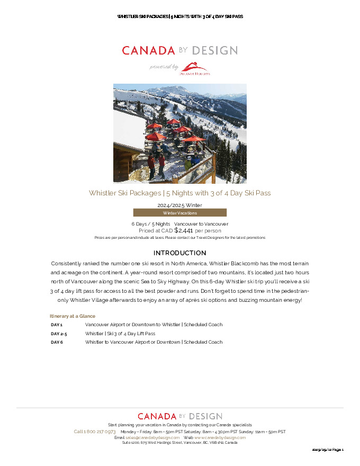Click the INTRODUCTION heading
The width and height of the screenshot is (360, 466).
[179, 253]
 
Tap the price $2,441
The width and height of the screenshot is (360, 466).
[184, 230]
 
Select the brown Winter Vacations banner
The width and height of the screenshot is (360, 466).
[179, 213]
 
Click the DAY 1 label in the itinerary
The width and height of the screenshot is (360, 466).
[57, 325]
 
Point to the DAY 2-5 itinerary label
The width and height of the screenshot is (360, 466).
[59, 334]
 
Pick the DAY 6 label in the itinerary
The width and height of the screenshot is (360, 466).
[57, 342]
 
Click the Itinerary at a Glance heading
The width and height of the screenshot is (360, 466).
[73, 316]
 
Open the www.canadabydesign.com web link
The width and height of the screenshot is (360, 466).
[220, 438]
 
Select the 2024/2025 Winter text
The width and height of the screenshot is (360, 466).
[179, 205]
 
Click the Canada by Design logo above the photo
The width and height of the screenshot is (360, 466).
[179, 51]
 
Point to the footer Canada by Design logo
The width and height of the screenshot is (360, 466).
[179, 417]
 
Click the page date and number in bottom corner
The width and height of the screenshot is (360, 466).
[328, 450]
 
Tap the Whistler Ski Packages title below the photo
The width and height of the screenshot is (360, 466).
[179, 193]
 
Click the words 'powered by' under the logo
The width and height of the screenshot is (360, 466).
[164, 67]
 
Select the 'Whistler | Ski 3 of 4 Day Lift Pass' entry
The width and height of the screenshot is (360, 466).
[120, 334]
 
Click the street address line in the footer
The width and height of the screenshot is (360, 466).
[179, 443]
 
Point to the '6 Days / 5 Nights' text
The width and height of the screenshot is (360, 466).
[151, 224]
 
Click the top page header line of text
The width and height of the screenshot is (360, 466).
[179, 16]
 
